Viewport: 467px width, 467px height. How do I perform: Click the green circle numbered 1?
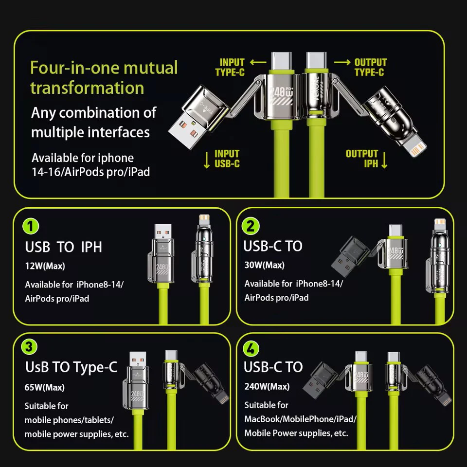coord(31,226)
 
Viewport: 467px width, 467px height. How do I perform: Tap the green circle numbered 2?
coord(251,226)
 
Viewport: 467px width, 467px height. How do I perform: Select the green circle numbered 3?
coord(29,347)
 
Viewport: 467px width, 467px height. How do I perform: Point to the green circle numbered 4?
coord(251,348)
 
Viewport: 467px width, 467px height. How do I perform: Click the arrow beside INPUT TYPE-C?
coord(258,62)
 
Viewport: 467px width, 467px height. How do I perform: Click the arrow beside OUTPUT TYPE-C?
coord(342,62)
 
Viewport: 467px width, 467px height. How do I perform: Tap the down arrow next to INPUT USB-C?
coord(207,160)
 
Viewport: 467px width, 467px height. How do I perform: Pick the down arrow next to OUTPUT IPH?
coord(384,160)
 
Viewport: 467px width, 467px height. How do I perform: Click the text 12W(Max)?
coord(45,266)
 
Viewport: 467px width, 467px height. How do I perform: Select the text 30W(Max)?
coord(265,265)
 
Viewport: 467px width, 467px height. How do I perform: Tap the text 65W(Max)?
coord(44,387)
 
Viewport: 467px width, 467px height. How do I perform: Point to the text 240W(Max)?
coord(267,386)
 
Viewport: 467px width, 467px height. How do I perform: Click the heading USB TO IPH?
coord(63,247)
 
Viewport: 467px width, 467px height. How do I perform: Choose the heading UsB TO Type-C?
coord(71,367)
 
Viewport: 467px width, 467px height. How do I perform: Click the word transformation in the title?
coord(87,88)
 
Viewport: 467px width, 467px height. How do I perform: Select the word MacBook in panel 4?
coord(262,419)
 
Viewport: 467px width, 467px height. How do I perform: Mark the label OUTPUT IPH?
coord(361,159)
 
